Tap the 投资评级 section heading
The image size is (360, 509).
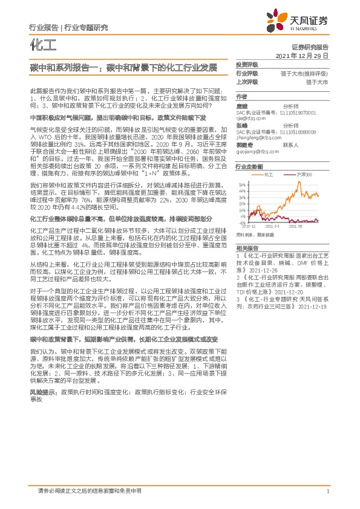pos(247,64)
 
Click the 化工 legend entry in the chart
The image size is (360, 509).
pos(270,175)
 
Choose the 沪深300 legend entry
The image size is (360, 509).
pos(304,175)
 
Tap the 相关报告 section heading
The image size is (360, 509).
pos(247,248)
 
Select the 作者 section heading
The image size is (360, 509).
pos(241,97)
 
